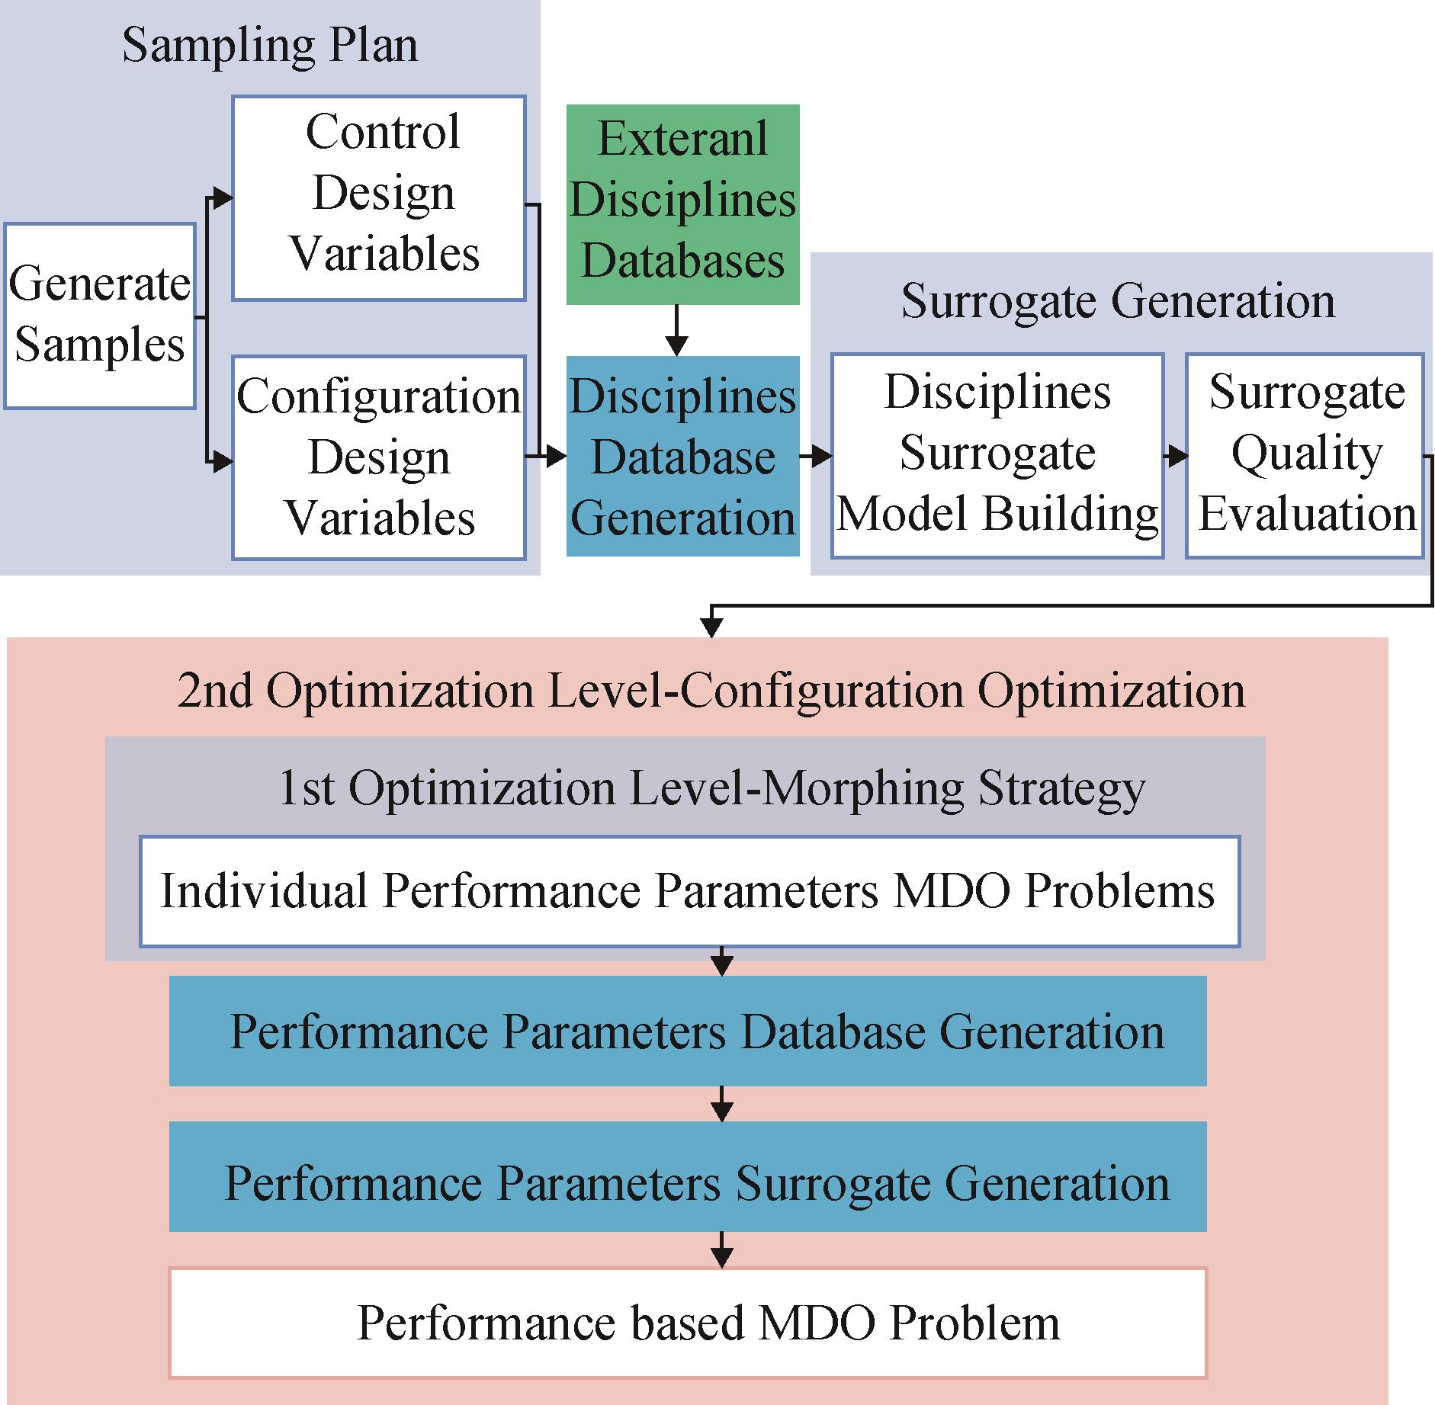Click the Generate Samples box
click(100, 316)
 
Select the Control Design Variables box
click(379, 198)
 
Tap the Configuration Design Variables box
click(379, 457)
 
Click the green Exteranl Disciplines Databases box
click(683, 204)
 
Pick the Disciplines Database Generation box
click(683, 456)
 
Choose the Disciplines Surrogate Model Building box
click(997, 455)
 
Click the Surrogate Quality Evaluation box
click(1305, 455)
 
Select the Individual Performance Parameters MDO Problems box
click(689, 891)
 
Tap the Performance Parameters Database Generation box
click(688, 1031)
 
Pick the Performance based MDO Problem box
click(688, 1323)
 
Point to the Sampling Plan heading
click(270, 46)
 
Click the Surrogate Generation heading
click(1118, 301)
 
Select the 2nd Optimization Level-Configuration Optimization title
click(711, 691)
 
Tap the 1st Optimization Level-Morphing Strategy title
click(711, 788)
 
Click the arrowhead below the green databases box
click(676, 345)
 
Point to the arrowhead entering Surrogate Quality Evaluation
click(1176, 457)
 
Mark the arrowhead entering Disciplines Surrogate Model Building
click(820, 457)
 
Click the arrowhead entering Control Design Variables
click(222, 199)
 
